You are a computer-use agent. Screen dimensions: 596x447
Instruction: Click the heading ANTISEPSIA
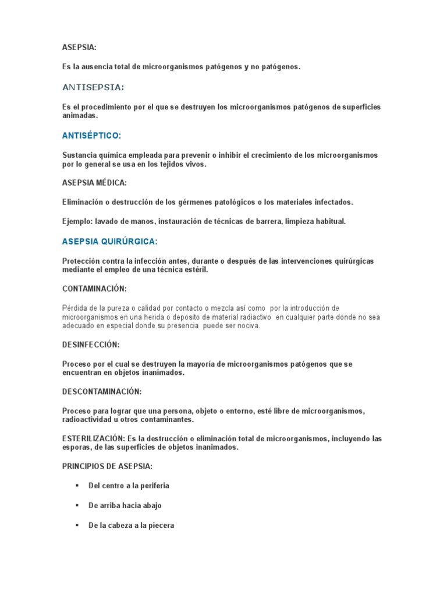pos(93,87)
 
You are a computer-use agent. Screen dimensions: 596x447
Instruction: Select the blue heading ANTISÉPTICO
pos(91,136)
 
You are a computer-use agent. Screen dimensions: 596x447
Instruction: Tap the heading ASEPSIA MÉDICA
pos(94,183)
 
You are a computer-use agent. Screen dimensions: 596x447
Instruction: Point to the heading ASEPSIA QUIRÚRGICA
pos(110,241)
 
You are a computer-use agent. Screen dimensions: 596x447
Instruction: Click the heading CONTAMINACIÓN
pos(94,289)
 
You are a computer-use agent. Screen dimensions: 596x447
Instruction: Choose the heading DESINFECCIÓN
pos(90,345)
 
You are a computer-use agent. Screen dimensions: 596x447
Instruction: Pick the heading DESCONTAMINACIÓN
pos(102,392)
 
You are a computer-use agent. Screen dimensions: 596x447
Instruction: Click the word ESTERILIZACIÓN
pos(93,438)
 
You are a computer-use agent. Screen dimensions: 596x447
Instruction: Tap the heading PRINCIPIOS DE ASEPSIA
pos(108,467)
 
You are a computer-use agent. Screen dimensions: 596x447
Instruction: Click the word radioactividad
pos(90,420)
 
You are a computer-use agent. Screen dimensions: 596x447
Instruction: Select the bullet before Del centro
pos(76,485)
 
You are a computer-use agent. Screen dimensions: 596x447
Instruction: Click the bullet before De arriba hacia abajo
pos(76,505)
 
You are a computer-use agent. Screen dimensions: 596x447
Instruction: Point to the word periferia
pos(152,485)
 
